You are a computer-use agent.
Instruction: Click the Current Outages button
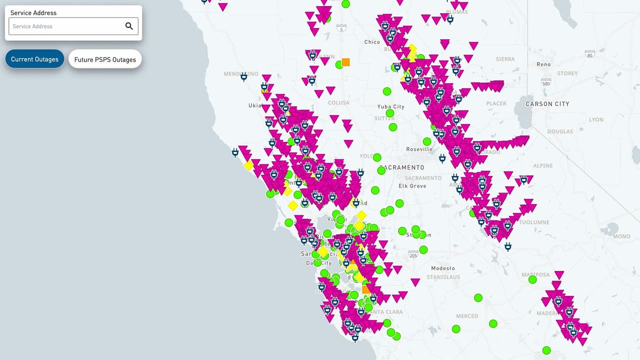pyautogui.click(x=35, y=59)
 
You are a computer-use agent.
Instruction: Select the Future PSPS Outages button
pyautogui.click(x=105, y=59)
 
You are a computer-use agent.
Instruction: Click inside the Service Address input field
pyautogui.click(x=65, y=26)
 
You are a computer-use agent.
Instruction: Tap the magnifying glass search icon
pyautogui.click(x=129, y=26)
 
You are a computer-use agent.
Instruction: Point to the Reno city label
pyautogui.click(x=543, y=64)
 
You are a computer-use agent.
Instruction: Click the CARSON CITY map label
pyautogui.click(x=547, y=104)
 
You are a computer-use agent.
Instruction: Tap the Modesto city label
pyautogui.click(x=443, y=268)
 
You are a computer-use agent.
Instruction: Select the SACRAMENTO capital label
pyautogui.click(x=402, y=167)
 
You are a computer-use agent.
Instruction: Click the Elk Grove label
pyautogui.click(x=412, y=186)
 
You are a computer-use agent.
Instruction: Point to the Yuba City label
pyautogui.click(x=391, y=106)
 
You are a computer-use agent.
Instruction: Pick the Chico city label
pyautogui.click(x=372, y=42)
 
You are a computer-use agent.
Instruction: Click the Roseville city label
pyautogui.click(x=419, y=149)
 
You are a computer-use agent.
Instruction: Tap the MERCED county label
pyautogui.click(x=467, y=316)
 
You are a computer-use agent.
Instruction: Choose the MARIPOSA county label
pyautogui.click(x=535, y=274)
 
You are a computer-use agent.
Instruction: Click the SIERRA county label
pyautogui.click(x=505, y=59)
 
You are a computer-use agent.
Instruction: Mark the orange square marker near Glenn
pyautogui.click(x=345, y=62)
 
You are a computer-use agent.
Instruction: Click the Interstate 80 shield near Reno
pyautogui.click(x=590, y=52)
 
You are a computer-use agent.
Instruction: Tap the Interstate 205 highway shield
pyautogui.click(x=413, y=254)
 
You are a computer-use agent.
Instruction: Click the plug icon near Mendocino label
pyautogui.click(x=243, y=76)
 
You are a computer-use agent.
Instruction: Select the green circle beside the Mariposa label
pyautogui.click(x=532, y=279)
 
